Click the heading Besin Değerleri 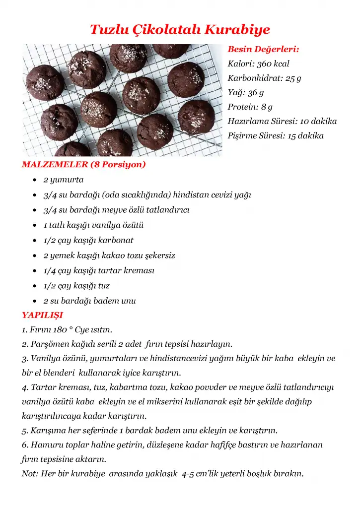point(263,49)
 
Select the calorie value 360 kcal point(273,63)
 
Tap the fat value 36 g point(256,92)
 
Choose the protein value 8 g point(267,107)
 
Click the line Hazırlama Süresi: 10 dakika point(282,121)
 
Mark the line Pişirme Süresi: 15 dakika point(276,135)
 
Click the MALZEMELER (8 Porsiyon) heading point(84,164)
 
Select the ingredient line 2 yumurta point(64,180)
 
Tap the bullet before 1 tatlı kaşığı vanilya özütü point(33,226)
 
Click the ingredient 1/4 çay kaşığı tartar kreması point(99,270)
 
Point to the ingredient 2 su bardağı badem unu point(89,301)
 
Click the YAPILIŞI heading point(42,315)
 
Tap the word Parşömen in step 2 point(49,344)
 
